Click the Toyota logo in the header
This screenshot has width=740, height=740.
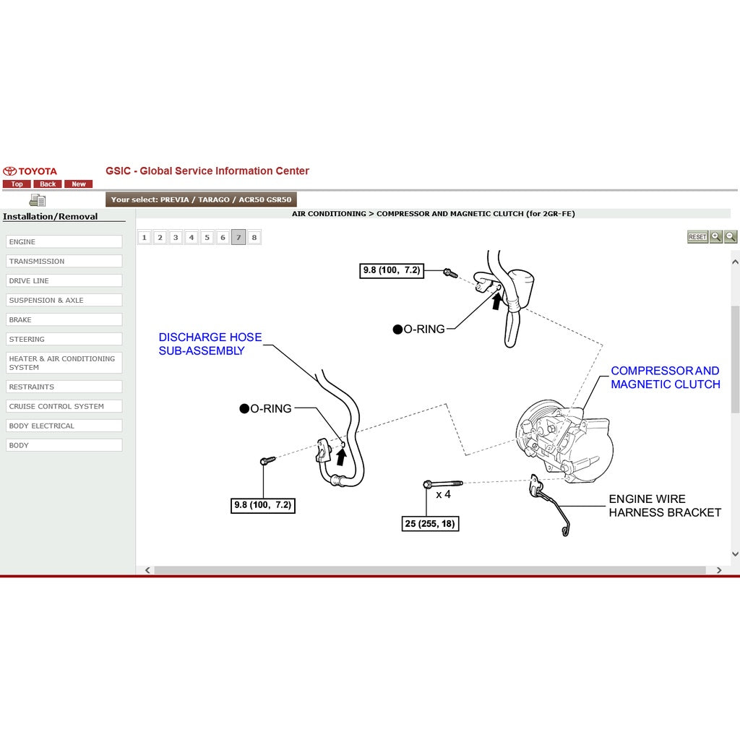(x=30, y=171)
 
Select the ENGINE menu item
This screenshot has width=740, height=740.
(x=64, y=242)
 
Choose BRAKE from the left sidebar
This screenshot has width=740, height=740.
(x=64, y=319)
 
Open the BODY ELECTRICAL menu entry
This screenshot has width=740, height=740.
(x=64, y=426)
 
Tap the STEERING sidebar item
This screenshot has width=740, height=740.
(x=64, y=339)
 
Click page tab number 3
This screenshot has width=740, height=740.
(x=176, y=237)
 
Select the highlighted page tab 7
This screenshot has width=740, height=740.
(x=238, y=237)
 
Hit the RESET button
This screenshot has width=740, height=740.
(x=697, y=237)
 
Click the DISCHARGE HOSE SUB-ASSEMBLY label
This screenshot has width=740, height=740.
(x=210, y=344)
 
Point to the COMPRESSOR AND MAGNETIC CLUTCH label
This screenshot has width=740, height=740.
(x=665, y=377)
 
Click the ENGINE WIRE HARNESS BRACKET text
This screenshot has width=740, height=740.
(x=664, y=506)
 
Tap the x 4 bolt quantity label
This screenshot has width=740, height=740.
(x=443, y=494)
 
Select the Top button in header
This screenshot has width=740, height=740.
(x=17, y=184)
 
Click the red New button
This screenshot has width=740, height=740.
(x=79, y=184)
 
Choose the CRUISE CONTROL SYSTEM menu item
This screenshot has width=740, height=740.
(x=64, y=406)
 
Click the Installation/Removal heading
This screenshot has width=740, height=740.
(x=51, y=216)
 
